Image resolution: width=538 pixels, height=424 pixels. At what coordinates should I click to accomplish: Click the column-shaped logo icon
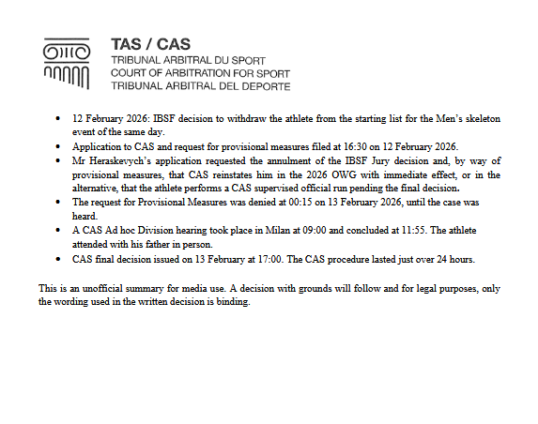click(x=67, y=63)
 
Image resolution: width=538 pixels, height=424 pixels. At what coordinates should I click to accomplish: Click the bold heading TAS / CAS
click(x=149, y=44)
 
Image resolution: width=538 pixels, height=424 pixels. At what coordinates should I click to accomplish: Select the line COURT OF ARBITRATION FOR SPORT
click(x=200, y=72)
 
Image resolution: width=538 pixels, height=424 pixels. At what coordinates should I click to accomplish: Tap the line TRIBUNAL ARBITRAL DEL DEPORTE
click(x=200, y=85)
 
